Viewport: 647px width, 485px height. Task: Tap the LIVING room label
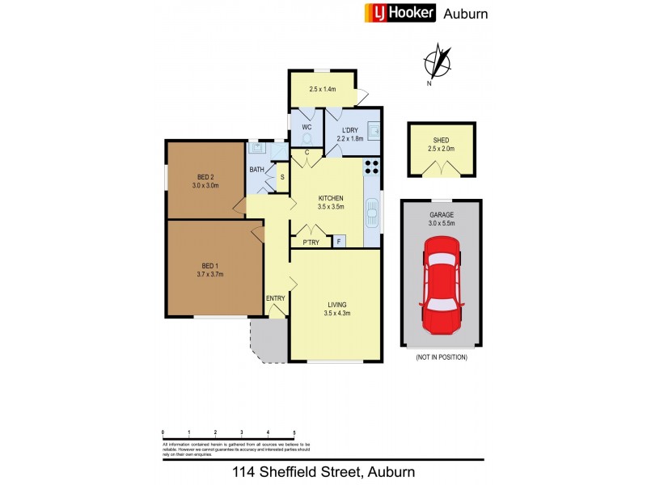[x=335, y=304]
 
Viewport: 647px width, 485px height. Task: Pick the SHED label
[x=442, y=140]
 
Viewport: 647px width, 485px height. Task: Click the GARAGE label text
[x=442, y=214]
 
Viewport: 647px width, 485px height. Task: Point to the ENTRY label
[x=276, y=298]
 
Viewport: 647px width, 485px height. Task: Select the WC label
[x=307, y=128]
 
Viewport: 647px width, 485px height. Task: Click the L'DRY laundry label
[x=350, y=130]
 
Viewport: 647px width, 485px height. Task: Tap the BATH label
[x=256, y=169]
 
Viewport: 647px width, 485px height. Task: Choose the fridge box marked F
[x=338, y=241]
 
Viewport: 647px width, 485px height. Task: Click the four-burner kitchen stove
[x=372, y=167]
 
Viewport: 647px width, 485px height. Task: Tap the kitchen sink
[x=373, y=215]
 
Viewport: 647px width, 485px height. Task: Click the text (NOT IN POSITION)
[x=442, y=356]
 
